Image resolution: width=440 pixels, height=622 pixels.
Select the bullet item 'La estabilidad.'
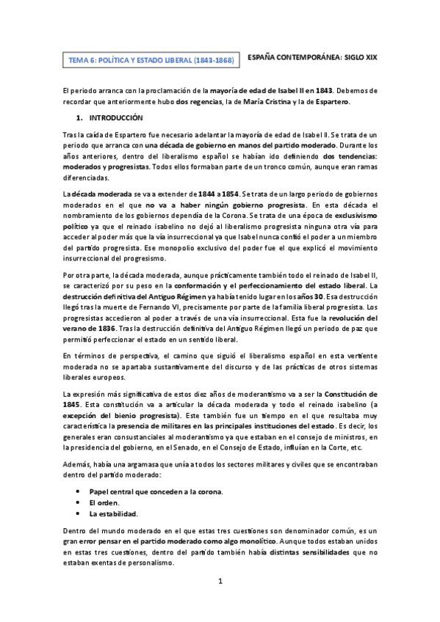(x=114, y=514)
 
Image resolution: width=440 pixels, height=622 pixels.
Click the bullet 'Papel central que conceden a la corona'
(x=156, y=491)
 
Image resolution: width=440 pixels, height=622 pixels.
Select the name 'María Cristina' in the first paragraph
(x=272, y=101)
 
